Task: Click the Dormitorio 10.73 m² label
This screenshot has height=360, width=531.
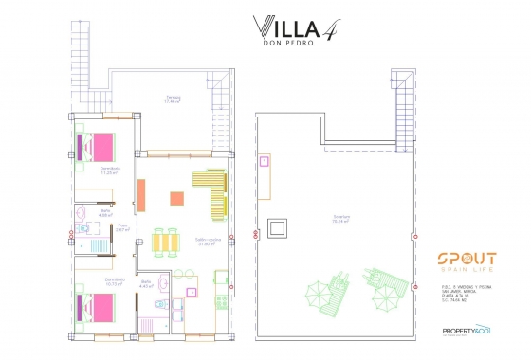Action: tap(115, 281)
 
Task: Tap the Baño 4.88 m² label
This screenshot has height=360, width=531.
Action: tap(92, 213)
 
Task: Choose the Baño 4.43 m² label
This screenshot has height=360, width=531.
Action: tap(146, 283)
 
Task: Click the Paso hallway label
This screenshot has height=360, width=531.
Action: tap(123, 227)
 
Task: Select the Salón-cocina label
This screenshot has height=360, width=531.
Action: tap(209, 241)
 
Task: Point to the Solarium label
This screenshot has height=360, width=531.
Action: tap(340, 220)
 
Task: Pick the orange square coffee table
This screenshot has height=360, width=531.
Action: tap(175, 199)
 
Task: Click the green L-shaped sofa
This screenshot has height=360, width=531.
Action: tap(212, 189)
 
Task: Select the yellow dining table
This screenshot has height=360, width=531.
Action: tap(167, 243)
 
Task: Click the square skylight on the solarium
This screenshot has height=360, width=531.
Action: tap(279, 228)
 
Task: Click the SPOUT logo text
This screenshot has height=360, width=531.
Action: tap(463, 259)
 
